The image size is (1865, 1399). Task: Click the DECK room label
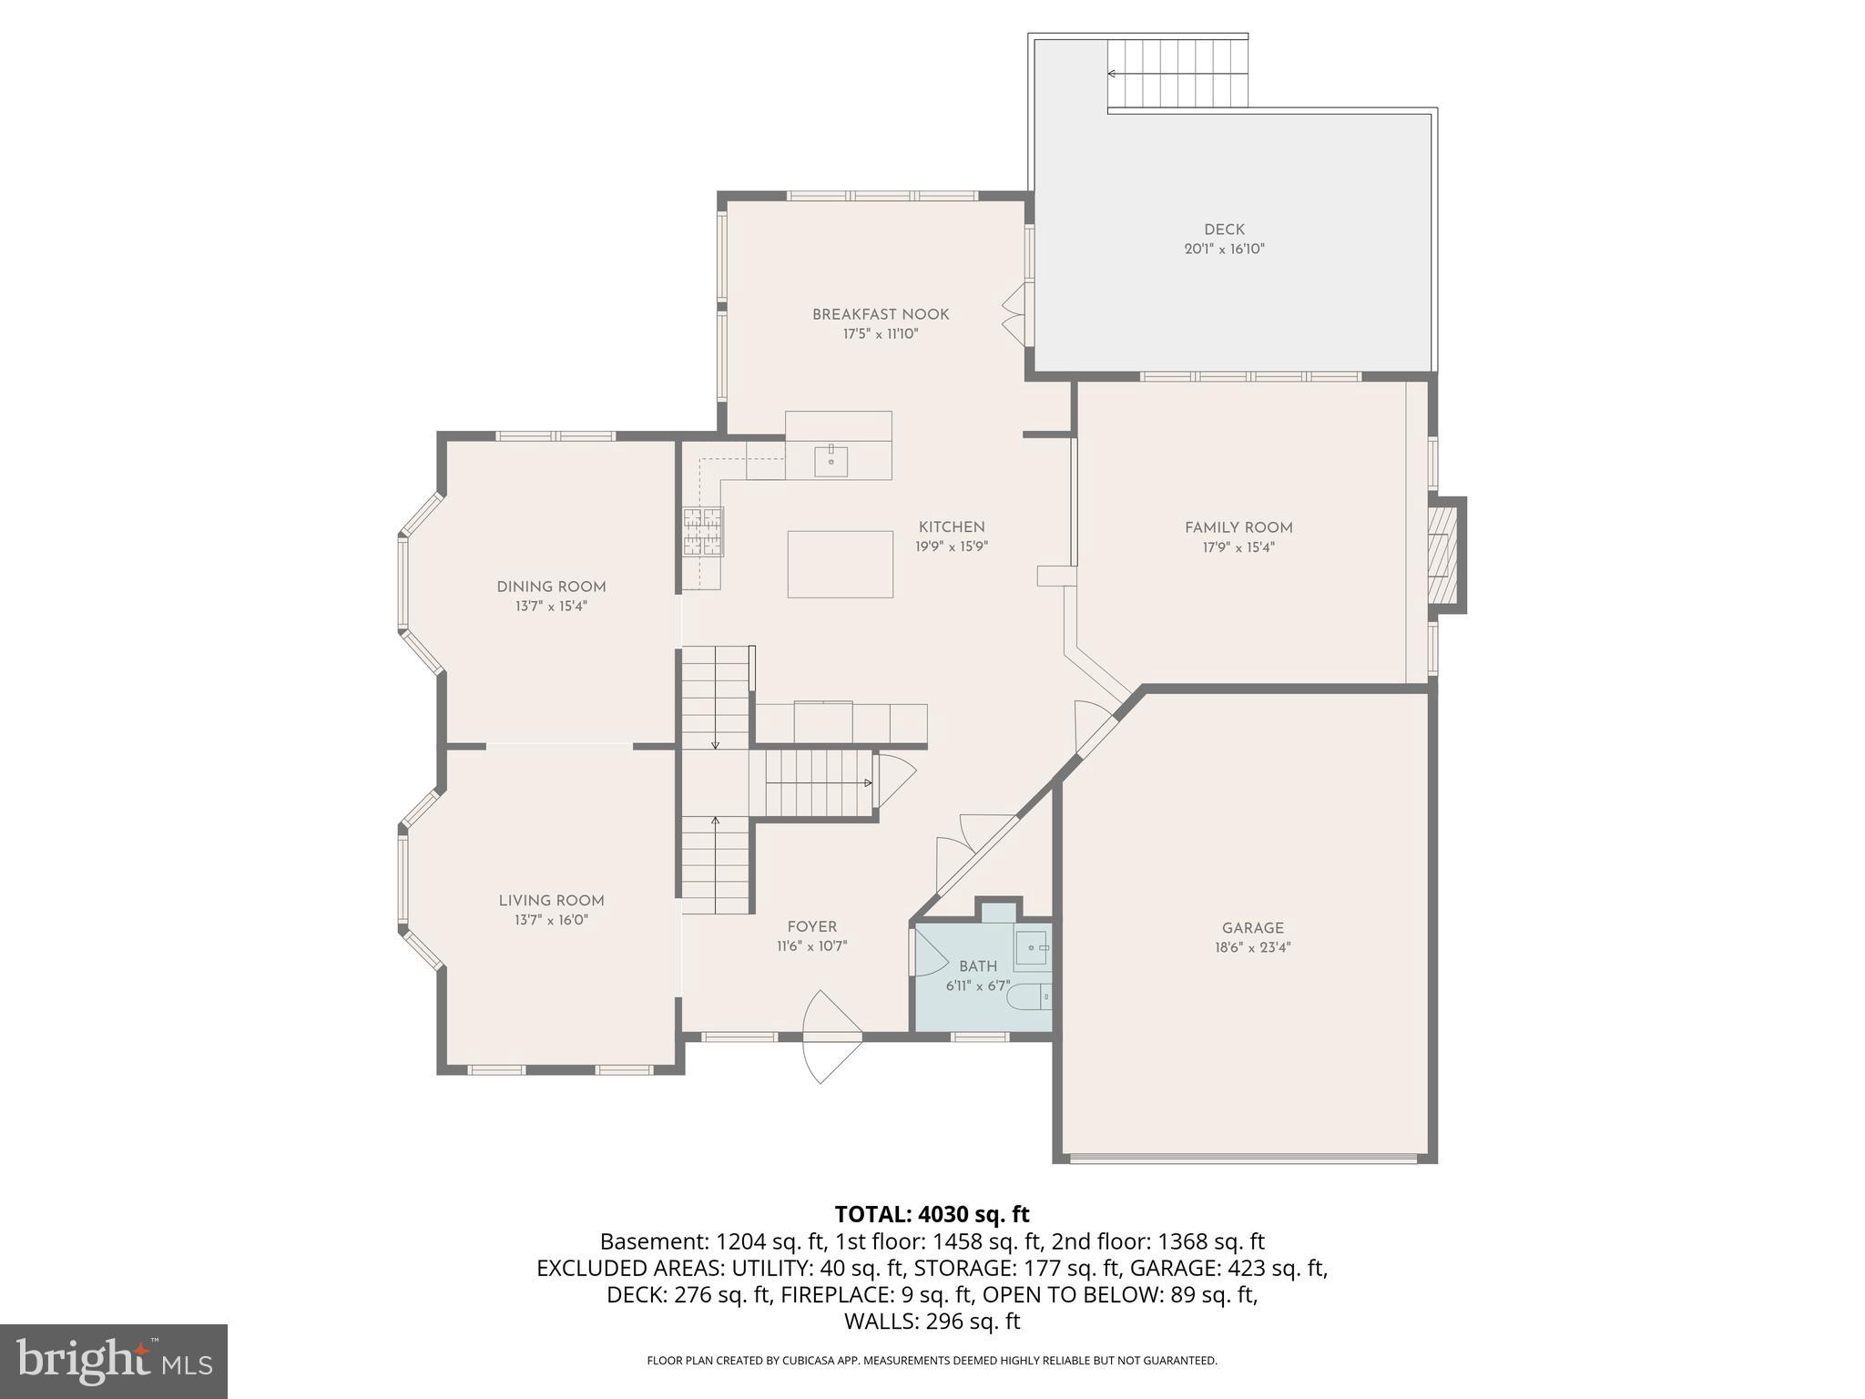coord(1223,230)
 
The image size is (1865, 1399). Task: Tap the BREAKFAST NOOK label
coord(880,314)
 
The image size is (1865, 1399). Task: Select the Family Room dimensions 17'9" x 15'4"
coord(1238,547)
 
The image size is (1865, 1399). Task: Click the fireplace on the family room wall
coord(1442,554)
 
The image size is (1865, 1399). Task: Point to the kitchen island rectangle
coord(840,564)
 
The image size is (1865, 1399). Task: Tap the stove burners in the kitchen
coord(703,532)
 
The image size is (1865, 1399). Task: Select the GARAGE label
coord(1252,928)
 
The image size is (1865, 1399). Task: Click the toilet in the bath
coord(1029,997)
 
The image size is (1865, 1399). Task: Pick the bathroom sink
coord(1033,948)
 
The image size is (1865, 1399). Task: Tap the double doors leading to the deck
coord(1016,312)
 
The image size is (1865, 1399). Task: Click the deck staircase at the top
coord(1177,74)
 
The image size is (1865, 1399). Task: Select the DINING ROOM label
coord(551,587)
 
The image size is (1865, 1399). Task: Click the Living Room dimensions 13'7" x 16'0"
coord(551,920)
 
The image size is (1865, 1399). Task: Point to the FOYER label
coord(811,927)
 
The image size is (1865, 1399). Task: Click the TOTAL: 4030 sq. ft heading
coord(932,1214)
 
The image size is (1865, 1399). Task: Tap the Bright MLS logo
coord(113,1361)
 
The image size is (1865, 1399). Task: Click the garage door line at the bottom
coord(1243,1159)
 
